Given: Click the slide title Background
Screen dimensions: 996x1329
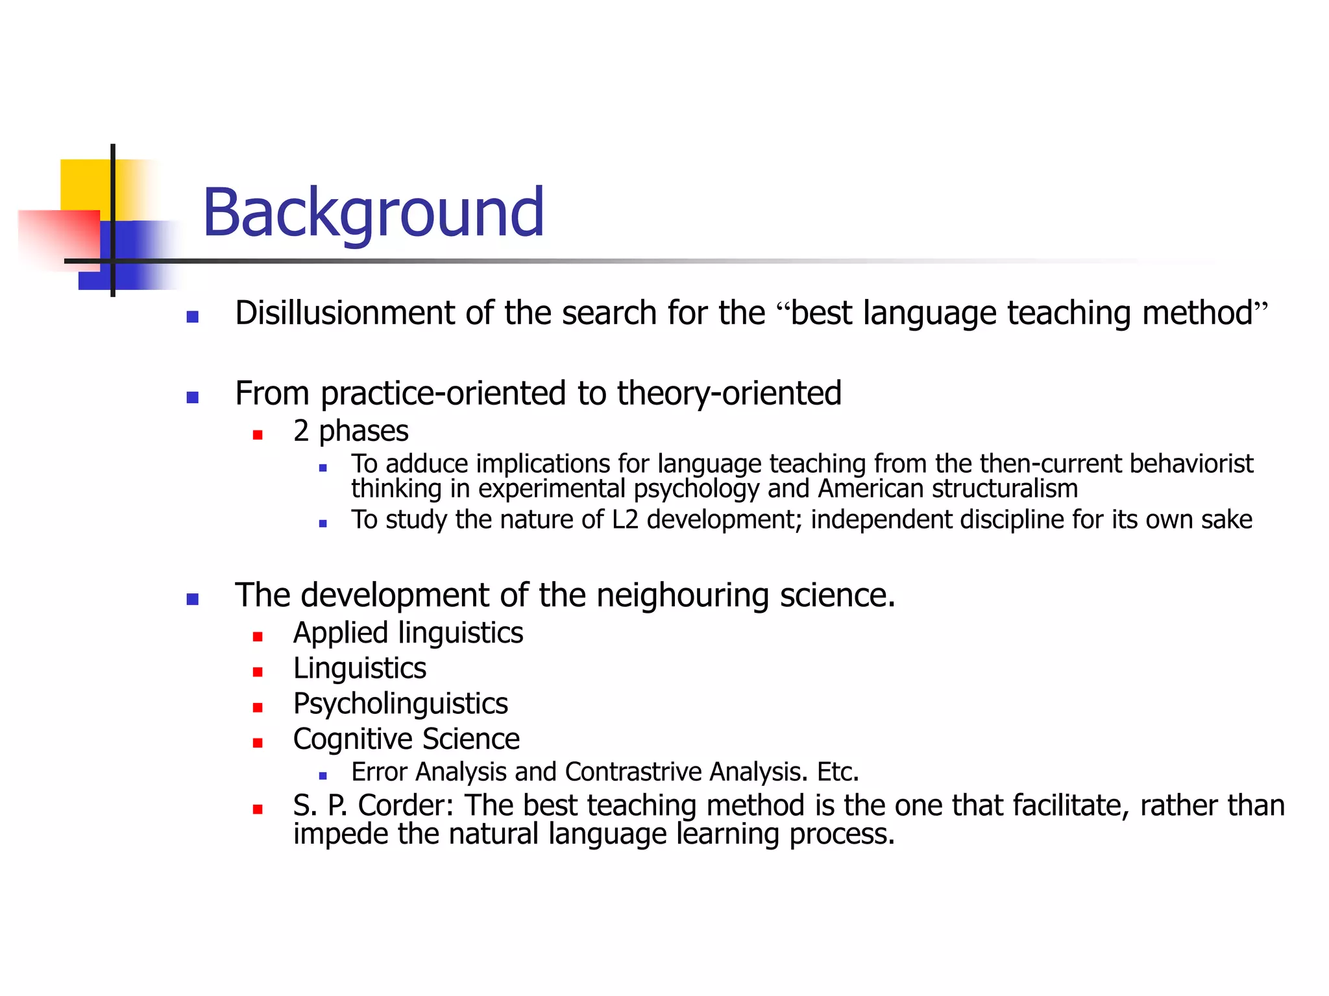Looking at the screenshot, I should click(x=373, y=213).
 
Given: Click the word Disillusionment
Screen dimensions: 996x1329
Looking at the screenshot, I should click(x=348, y=313).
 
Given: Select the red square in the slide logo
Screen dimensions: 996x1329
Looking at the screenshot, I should click(x=62, y=237).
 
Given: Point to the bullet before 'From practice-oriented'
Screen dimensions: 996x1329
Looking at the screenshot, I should click(x=192, y=397).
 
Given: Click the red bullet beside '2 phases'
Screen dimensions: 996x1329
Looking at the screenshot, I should click(x=258, y=434).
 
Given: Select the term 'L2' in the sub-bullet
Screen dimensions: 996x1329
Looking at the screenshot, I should click(x=625, y=520).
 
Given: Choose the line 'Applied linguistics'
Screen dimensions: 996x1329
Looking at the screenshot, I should click(x=408, y=633).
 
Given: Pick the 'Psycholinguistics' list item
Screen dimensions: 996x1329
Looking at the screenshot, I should click(x=400, y=704).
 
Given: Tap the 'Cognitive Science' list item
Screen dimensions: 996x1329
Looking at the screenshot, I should click(x=406, y=739).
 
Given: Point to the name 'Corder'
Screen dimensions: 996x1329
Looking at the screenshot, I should click(x=406, y=806).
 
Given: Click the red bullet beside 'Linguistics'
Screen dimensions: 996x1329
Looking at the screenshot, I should click(x=258, y=672).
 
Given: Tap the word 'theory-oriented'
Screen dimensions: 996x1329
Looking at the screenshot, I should click(x=729, y=394).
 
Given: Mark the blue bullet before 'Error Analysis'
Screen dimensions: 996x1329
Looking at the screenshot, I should click(x=323, y=776).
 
